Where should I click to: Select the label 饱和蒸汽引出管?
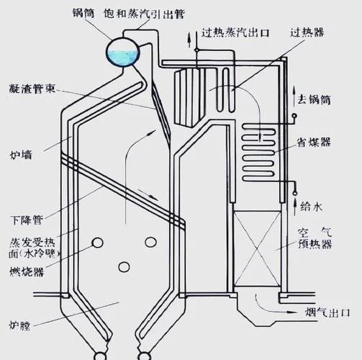pyautogui.click(x=145, y=14)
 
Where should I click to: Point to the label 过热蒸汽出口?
pyautogui.click(x=235, y=32)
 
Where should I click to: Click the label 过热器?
pyautogui.click(x=307, y=32)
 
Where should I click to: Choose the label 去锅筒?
pyautogui.click(x=315, y=99)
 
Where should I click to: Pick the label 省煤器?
pyautogui.click(x=314, y=142)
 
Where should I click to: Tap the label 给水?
pyautogui.click(x=312, y=207)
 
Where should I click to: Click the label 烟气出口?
pyautogui.click(x=327, y=312)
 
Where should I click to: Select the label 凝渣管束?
pyautogui.click(x=32, y=89)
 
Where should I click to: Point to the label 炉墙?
pyautogui.click(x=21, y=155)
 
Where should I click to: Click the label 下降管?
pyautogui.click(x=27, y=220)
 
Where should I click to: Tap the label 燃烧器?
pyautogui.click(x=27, y=272)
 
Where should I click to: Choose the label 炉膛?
pyautogui.click(x=19, y=325)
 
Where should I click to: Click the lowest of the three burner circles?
pyautogui.click(x=124, y=266)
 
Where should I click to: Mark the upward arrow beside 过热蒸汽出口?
pyautogui.click(x=189, y=40)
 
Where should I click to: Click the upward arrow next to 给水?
pyautogui.click(x=295, y=207)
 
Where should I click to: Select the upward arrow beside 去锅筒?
pyautogui.click(x=294, y=96)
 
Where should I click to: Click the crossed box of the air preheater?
pyautogui.click(x=257, y=248)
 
